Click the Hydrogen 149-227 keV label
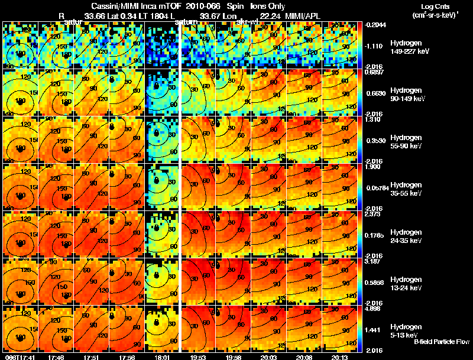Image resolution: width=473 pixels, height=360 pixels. click(x=405, y=48)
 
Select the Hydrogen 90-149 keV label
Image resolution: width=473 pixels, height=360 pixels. click(x=405, y=95)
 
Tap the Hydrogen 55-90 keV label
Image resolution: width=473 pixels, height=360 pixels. click(x=405, y=142)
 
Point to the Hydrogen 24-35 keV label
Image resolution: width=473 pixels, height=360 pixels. click(x=405, y=236)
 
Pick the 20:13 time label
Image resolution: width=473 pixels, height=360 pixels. click(x=339, y=357)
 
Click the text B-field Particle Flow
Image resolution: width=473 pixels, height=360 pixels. click(x=441, y=342)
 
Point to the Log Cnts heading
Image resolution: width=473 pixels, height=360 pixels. click(x=430, y=5)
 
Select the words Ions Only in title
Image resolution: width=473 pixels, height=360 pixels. click(x=269, y=5)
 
